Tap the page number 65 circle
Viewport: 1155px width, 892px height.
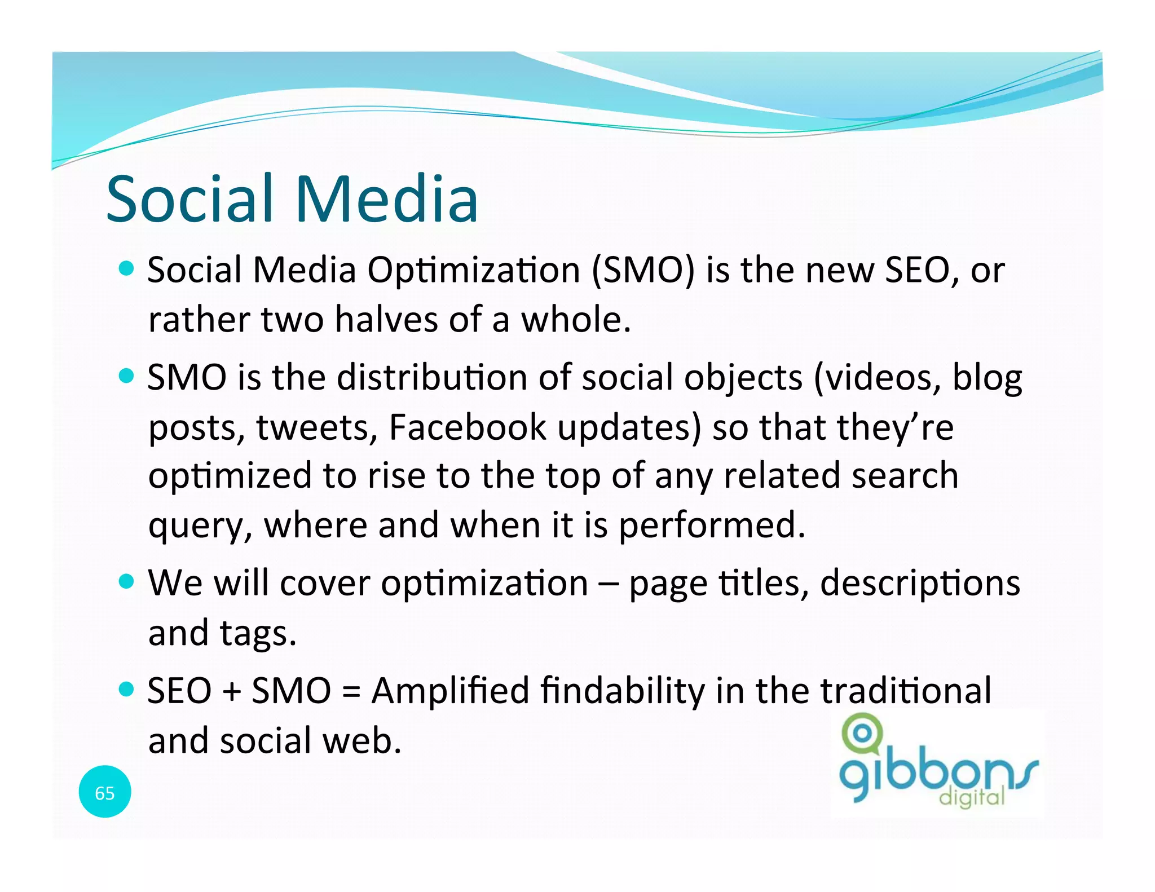coord(105,792)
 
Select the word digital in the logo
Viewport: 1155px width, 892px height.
coord(971,797)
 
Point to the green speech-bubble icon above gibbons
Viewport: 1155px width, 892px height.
coord(861,733)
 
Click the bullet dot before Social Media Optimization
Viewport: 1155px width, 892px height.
coord(127,268)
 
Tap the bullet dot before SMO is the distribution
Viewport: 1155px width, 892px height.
coord(127,376)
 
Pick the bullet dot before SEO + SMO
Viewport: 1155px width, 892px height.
coord(127,688)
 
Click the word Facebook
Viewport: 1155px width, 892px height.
coord(468,427)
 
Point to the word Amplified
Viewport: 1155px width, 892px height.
coord(449,690)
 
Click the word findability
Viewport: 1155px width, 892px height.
coord(622,690)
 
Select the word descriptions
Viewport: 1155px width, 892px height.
coord(919,583)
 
